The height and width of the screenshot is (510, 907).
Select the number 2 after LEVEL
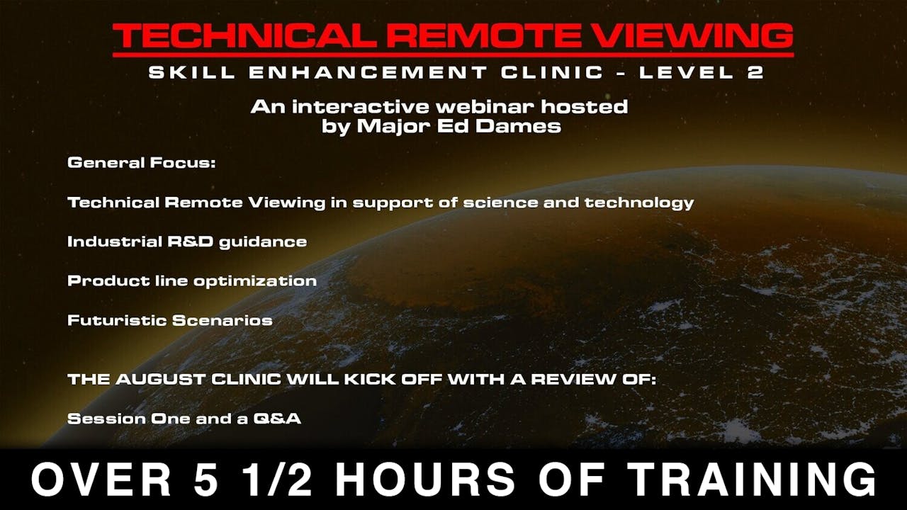coord(755,72)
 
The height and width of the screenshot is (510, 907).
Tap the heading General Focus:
coord(141,163)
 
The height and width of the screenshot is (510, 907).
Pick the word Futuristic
coord(116,320)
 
